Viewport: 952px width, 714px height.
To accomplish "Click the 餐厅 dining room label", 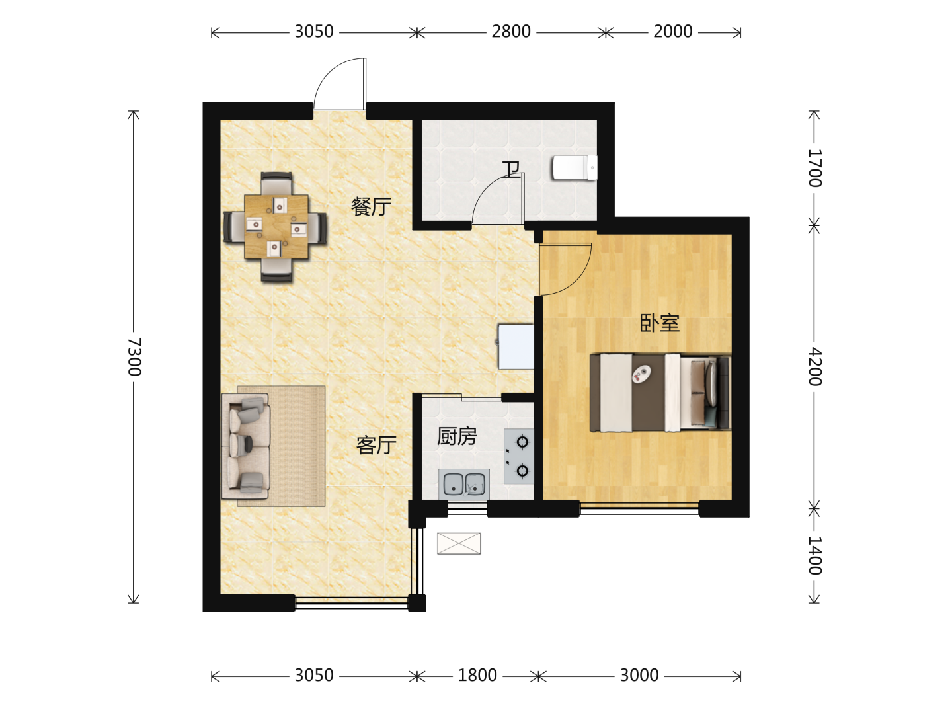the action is (371, 207).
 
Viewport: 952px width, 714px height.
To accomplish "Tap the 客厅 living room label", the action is (376, 445).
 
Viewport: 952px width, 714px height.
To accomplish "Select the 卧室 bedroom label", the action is (660, 323).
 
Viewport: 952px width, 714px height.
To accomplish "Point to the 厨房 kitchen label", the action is (457, 436).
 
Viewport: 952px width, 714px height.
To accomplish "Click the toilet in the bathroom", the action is (575, 167).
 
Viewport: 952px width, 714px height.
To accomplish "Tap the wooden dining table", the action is (276, 227).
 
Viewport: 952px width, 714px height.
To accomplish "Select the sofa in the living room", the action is (246, 446).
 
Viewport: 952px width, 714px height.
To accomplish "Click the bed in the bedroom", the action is (660, 393).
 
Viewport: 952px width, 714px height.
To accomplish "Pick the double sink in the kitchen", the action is (464, 484).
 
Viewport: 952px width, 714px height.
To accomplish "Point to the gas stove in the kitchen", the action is (519, 456).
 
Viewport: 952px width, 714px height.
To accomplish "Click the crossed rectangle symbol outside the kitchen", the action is (459, 543).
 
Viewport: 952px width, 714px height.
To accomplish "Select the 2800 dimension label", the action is (511, 32).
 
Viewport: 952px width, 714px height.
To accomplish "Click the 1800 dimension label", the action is (477, 676).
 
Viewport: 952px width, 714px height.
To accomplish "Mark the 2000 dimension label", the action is (673, 32).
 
